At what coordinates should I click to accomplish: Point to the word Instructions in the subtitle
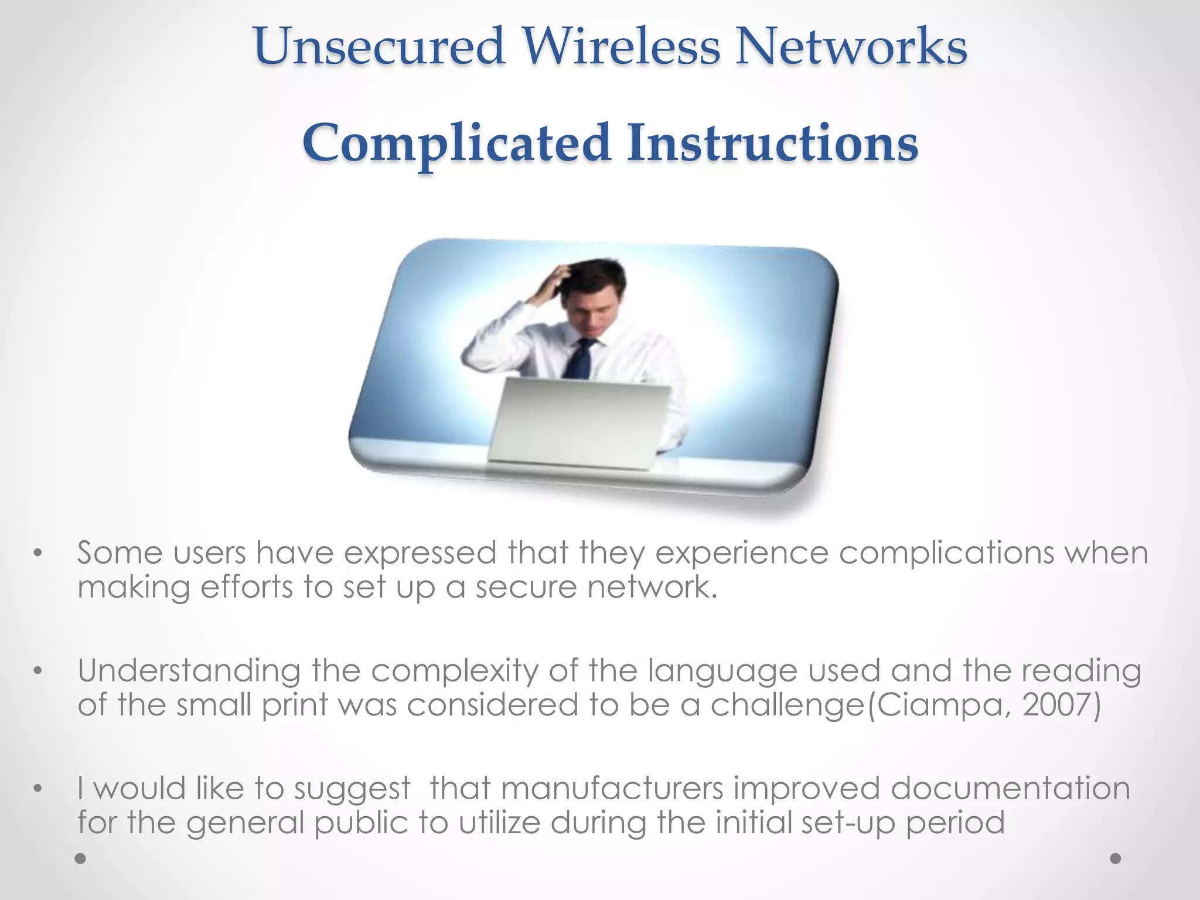click(772, 143)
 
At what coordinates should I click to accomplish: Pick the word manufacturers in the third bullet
click(612, 788)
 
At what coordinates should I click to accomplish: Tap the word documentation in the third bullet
click(1010, 788)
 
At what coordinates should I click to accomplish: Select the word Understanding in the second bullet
click(189, 671)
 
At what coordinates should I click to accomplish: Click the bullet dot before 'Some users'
click(38, 553)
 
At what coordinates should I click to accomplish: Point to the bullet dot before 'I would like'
click(38, 789)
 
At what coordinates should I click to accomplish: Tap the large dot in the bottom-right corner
click(1115, 858)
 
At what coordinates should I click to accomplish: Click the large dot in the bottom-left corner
click(81, 858)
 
